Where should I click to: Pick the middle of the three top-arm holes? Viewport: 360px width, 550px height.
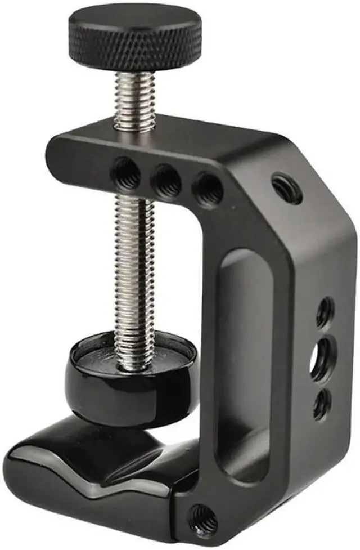[168, 181]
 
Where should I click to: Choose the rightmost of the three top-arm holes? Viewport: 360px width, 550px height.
[209, 190]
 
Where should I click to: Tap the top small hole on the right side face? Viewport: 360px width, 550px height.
[325, 312]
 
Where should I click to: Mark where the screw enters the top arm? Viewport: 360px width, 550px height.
[135, 131]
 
